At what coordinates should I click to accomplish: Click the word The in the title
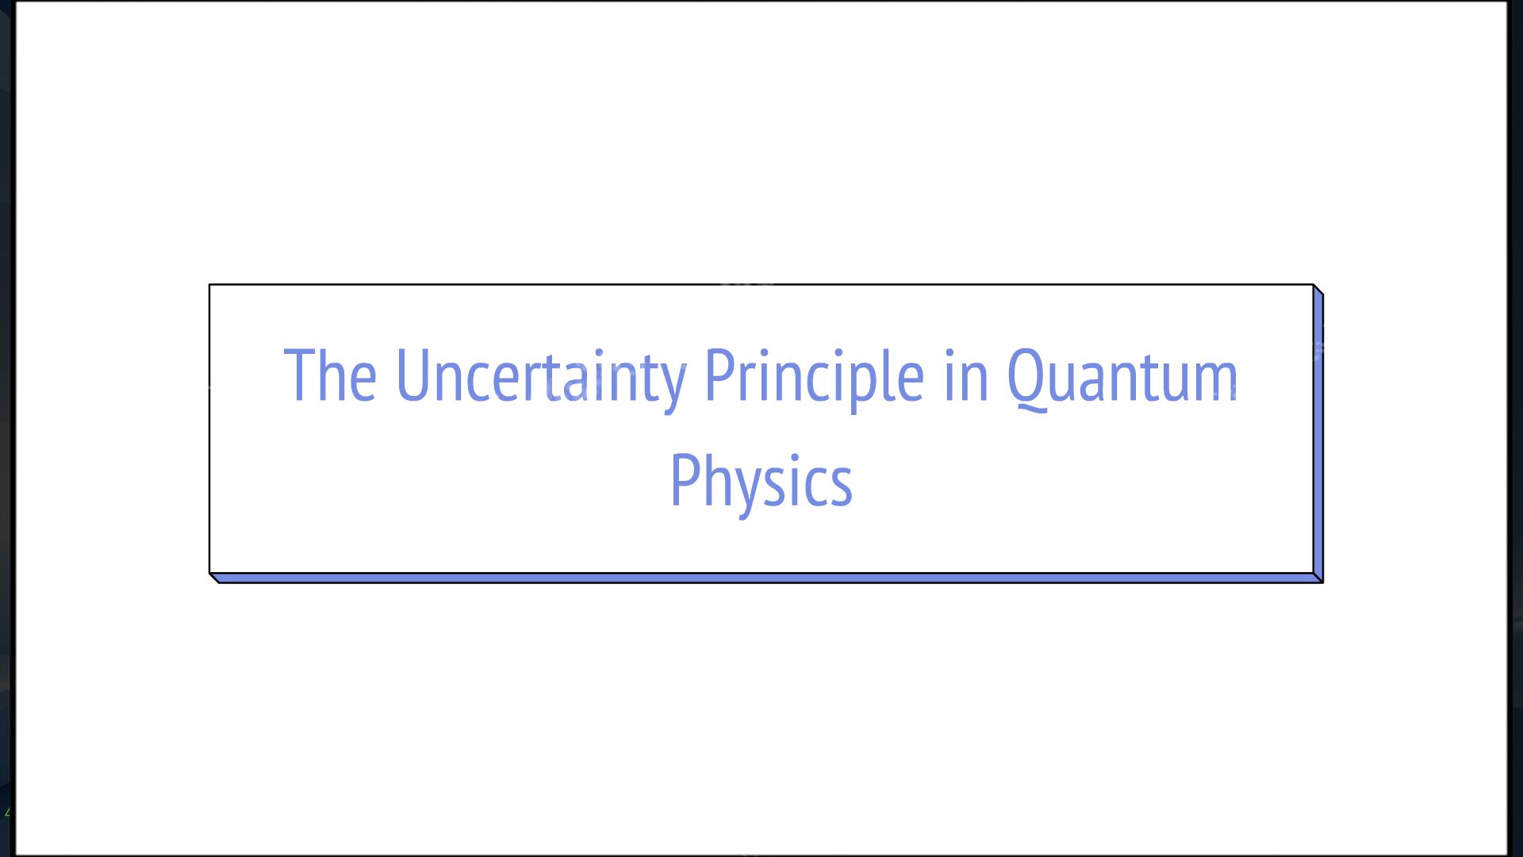pyautogui.click(x=330, y=376)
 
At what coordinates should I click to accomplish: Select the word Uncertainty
pyautogui.click(x=540, y=376)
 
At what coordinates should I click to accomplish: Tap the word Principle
pyautogui.click(x=814, y=376)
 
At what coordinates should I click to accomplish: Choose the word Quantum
pyautogui.click(x=1122, y=376)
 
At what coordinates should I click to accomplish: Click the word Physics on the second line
pyautogui.click(x=761, y=481)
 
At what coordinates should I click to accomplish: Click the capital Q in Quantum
pyautogui.click(x=1028, y=378)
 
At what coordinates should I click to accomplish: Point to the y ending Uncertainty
pyautogui.click(x=673, y=384)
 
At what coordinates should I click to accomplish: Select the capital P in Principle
pyautogui.click(x=719, y=375)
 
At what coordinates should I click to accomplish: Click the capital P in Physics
pyautogui.click(x=684, y=479)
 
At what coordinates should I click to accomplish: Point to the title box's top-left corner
pyautogui.click(x=210, y=285)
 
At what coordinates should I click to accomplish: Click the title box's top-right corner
pyautogui.click(x=1313, y=285)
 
